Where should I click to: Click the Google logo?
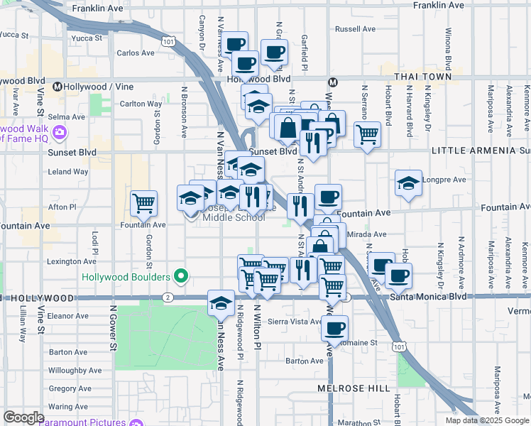(23, 417)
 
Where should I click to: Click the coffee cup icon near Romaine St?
(334, 328)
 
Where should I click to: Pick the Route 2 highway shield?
(168, 297)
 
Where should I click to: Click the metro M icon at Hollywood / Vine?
(57, 87)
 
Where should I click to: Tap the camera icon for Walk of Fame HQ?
(60, 132)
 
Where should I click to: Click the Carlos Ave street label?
(135, 53)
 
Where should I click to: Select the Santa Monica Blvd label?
(428, 296)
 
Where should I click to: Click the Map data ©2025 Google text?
(487, 420)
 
